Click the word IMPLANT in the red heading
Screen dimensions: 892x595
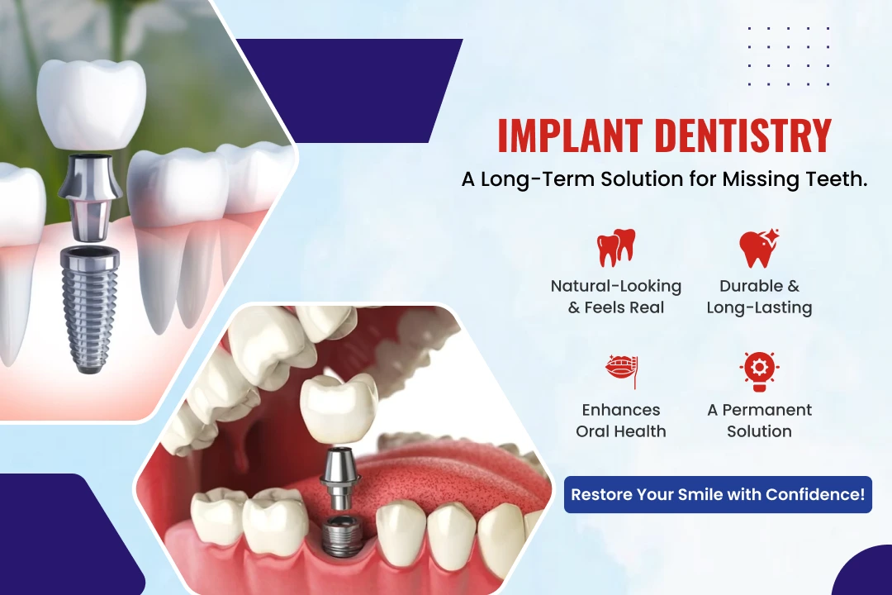(570, 136)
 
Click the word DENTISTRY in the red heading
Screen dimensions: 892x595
(743, 136)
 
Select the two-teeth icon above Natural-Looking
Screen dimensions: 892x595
(616, 248)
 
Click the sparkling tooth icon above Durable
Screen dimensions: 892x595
(760, 248)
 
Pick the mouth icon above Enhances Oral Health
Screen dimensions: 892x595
(622, 371)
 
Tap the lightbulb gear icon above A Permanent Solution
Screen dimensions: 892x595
(760, 371)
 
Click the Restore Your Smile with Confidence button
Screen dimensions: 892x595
(718, 494)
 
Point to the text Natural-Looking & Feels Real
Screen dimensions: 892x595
(616, 297)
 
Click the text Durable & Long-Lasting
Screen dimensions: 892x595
(760, 297)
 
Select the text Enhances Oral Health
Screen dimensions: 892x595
(621, 420)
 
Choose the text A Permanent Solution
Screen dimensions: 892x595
(760, 420)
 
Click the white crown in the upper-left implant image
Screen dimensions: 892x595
(91, 103)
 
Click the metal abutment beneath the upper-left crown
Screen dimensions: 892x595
(90, 197)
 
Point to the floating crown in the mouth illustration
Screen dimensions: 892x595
(339, 407)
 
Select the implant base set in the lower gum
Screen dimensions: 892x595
(341, 535)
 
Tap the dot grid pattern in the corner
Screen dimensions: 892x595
(789, 56)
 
